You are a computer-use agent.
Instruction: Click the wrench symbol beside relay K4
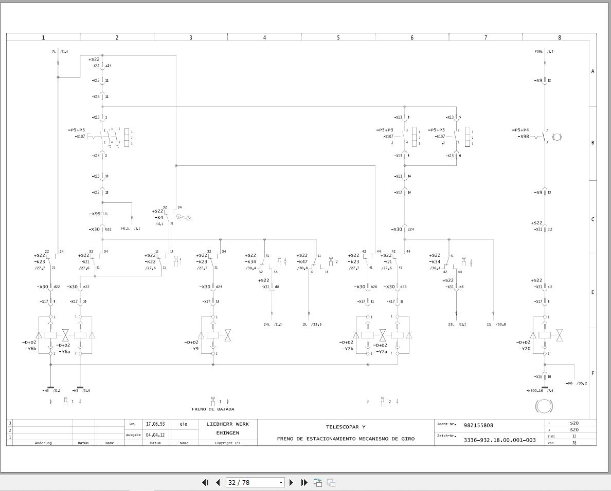pos(183,217)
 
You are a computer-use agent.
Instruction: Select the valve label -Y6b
pos(30,349)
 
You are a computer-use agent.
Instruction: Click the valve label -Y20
pos(524,349)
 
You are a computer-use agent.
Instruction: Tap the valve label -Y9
pos(194,349)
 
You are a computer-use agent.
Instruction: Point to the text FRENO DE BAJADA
pos(213,409)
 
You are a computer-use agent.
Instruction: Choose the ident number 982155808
pos(478,425)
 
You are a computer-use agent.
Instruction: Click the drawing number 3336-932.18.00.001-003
pos(499,440)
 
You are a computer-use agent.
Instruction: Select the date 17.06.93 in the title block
pos(155,424)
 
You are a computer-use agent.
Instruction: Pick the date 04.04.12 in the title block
pos(155,435)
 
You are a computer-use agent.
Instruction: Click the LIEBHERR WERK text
pos(227,424)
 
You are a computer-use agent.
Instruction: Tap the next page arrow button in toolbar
pos(292,482)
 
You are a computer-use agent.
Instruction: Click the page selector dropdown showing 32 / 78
pos(255,482)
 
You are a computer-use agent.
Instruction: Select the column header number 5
pos(338,37)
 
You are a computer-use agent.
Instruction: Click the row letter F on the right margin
pos(592,373)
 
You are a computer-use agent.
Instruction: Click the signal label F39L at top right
pos(538,52)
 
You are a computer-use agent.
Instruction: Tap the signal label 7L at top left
pos(54,52)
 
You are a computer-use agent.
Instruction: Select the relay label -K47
pos(302,261)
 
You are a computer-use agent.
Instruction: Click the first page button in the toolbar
pos(205,482)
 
